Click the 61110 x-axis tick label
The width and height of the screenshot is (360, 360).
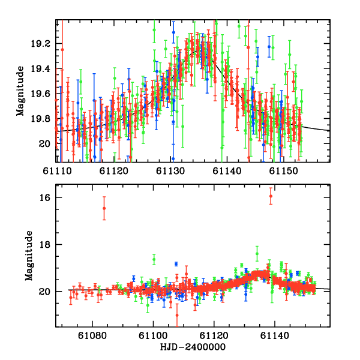point(56,171)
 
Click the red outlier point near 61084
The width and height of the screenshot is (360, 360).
point(104,208)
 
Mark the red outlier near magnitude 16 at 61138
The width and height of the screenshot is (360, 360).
point(271,196)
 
